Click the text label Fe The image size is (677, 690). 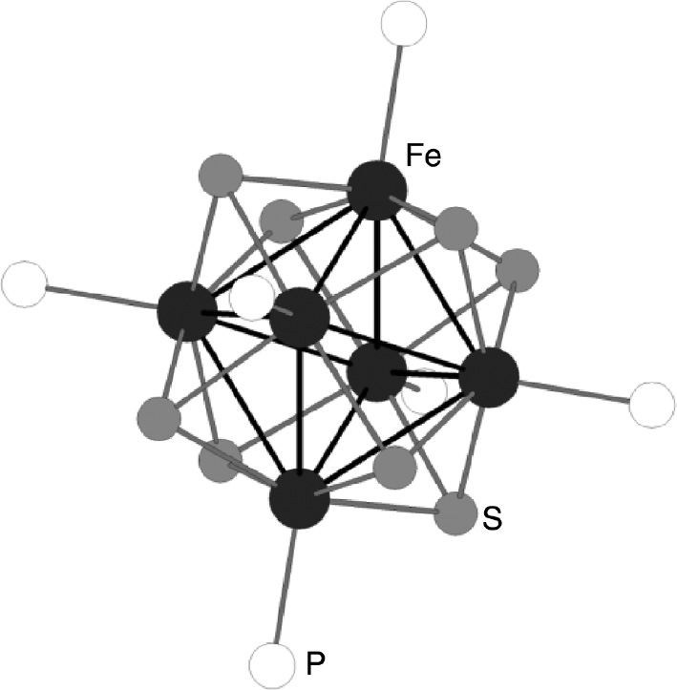(x=422, y=157)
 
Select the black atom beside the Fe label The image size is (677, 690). (x=376, y=190)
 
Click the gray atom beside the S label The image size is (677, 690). (x=455, y=513)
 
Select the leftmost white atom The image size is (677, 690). (x=24, y=284)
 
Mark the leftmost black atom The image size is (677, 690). (x=186, y=311)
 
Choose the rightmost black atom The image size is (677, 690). (x=488, y=378)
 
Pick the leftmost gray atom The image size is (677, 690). (x=158, y=417)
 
